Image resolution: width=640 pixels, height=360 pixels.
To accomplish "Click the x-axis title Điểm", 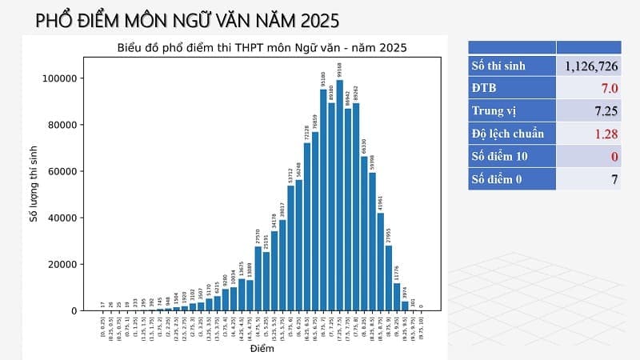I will (x=262, y=349).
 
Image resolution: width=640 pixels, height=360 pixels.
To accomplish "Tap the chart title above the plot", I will (x=262, y=48).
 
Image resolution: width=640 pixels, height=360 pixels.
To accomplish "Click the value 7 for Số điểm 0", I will (x=614, y=179).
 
